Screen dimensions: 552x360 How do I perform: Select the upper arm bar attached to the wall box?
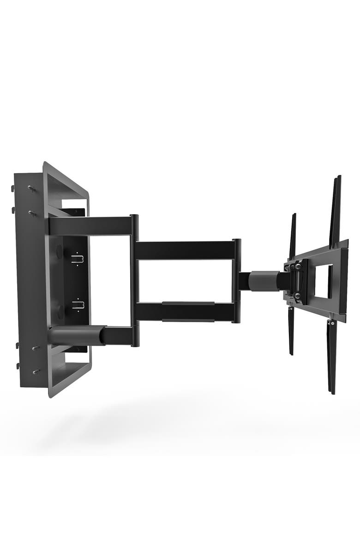pyautogui.click(x=90, y=226)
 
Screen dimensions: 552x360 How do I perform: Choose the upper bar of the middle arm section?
pyautogui.click(x=185, y=250)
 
